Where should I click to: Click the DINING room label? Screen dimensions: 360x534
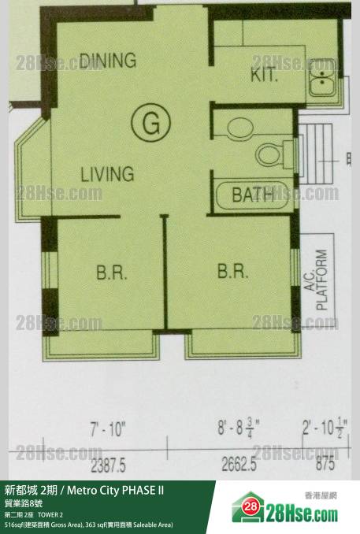tap(108, 61)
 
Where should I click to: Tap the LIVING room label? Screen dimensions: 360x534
tap(107, 174)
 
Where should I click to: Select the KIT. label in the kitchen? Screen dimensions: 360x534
tap(265, 75)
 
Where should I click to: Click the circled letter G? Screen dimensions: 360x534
tap(151, 122)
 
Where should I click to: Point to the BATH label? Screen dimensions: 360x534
tap(253, 195)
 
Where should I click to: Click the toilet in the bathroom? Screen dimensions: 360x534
tap(274, 154)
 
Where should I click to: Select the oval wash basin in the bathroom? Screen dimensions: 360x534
tap(240, 128)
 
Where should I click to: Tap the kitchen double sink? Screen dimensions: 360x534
tap(322, 78)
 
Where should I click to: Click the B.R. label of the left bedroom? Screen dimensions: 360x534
tap(112, 273)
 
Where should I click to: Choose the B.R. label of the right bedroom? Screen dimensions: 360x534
tap(233, 271)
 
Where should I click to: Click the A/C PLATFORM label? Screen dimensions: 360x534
tap(317, 280)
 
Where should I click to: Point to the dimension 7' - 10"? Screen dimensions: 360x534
tap(108, 429)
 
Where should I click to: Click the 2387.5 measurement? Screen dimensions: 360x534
tap(108, 465)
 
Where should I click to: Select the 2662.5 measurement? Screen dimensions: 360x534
tap(239, 464)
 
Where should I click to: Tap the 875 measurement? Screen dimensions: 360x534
tap(325, 463)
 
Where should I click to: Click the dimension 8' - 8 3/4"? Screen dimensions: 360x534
tap(239, 428)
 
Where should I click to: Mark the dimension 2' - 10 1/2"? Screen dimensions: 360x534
tap(325, 428)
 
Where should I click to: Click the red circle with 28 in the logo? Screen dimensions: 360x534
tap(251, 506)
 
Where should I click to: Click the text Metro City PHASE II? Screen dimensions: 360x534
tap(116, 491)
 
